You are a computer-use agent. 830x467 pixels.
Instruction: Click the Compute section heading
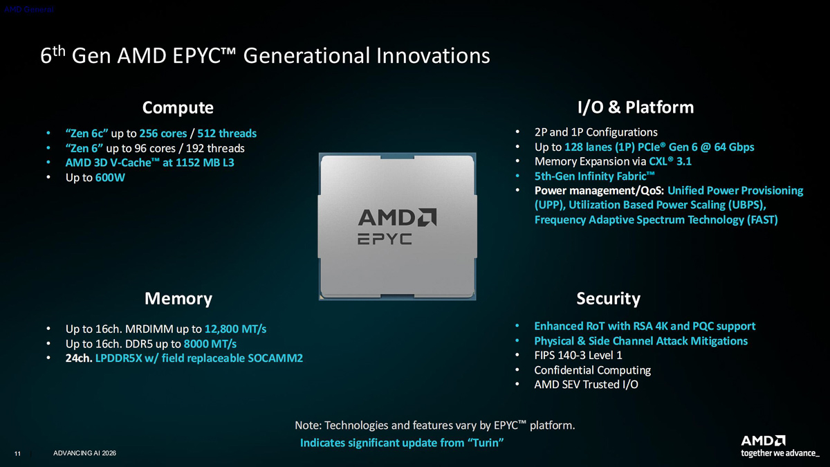[x=178, y=108]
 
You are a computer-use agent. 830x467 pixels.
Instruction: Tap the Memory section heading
[x=178, y=298]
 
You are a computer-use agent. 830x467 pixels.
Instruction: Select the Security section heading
[x=608, y=299]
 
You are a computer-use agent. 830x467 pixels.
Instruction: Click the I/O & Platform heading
[x=636, y=107]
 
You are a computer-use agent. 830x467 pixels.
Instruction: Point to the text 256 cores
[x=163, y=134]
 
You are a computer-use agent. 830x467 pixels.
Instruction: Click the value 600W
[x=110, y=178]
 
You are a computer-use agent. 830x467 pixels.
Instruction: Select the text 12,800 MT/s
[x=235, y=329]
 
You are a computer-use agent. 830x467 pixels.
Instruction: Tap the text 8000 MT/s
[x=210, y=344]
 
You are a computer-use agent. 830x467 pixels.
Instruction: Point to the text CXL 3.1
[x=670, y=162]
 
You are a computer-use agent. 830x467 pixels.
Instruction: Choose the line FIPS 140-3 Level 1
[x=578, y=356]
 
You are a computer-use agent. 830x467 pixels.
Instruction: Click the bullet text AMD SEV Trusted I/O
[x=587, y=385]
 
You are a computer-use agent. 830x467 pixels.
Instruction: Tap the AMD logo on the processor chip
[x=397, y=217]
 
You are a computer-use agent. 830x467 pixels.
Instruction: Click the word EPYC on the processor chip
[x=385, y=239]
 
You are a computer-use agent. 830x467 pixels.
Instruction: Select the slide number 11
[x=17, y=454]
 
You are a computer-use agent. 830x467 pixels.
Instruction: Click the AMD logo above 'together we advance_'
[x=763, y=441]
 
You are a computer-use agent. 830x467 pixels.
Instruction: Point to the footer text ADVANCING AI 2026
[x=84, y=453]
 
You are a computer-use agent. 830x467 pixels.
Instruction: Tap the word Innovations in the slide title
[x=433, y=55]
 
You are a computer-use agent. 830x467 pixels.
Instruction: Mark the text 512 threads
[x=227, y=134]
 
